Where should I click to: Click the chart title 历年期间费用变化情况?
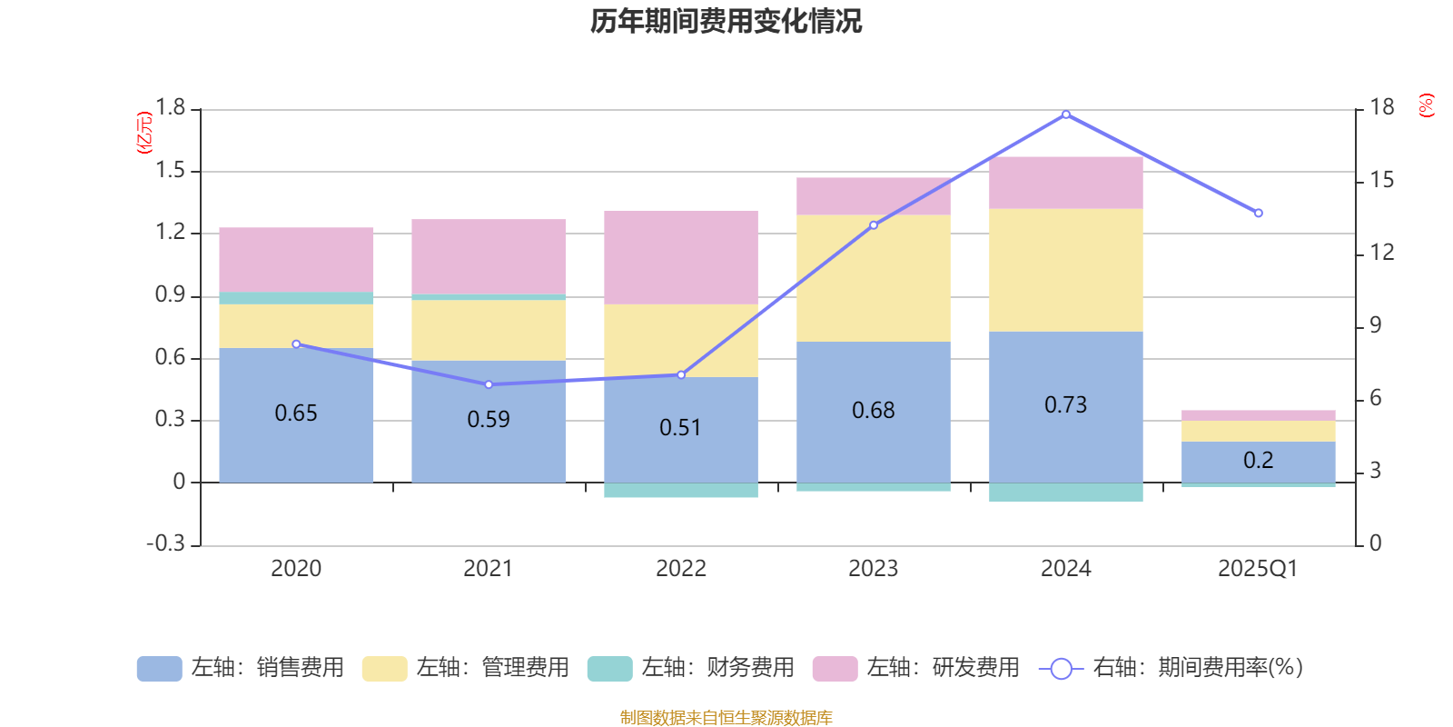[726, 21]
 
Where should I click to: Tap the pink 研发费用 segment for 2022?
[681, 257]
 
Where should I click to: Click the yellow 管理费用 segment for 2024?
[1065, 270]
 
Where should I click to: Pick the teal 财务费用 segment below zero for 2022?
[681, 491]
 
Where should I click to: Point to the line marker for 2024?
[1065, 115]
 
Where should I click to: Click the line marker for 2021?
[489, 384]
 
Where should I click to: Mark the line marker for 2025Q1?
[1258, 214]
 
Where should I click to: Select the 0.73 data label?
[1065, 405]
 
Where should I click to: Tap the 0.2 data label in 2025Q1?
[1258, 461]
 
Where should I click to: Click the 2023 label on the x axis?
[873, 569]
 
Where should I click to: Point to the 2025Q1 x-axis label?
[1258, 569]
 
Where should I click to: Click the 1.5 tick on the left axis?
[170, 171]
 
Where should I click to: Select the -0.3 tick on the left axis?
[166, 543]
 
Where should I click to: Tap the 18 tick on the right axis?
[1382, 107]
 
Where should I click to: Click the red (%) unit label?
[1426, 105]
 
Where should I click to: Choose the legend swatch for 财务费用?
[609, 669]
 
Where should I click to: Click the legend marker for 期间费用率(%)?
[1061, 669]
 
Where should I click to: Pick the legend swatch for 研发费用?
[835, 669]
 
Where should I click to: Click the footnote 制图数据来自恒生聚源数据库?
[726, 718]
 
